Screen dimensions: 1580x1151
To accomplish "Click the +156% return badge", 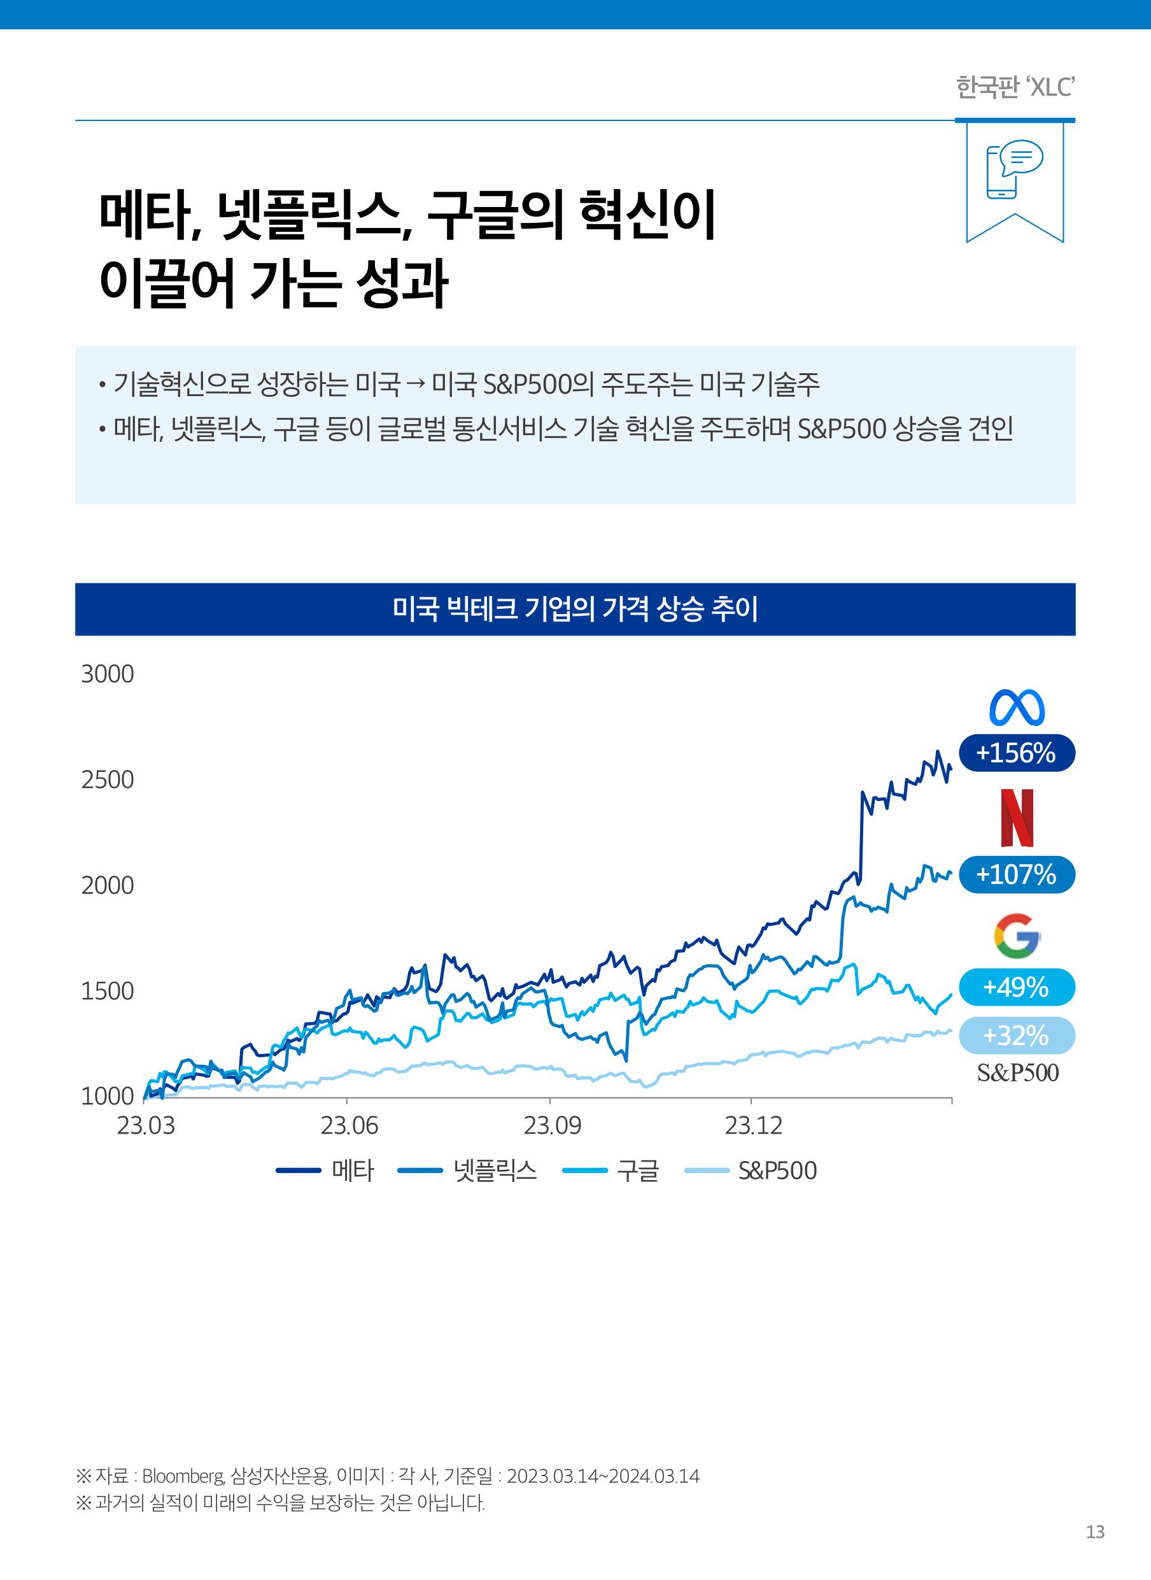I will pos(1016,753).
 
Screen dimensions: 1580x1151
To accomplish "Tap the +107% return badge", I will pos(1016,874).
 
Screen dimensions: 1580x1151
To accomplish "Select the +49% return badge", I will pos(1016,987).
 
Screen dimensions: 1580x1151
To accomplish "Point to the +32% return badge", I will pos(1016,1035).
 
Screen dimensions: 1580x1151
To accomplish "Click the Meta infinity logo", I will pos(1017,708).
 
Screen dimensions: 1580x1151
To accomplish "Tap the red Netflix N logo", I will pos(1017,818).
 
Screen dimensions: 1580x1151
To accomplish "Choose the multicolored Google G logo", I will pos(1017,935).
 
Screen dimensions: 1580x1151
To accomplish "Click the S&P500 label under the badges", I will pos(1017,1072).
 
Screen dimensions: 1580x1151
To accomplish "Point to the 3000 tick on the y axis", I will pos(108,674).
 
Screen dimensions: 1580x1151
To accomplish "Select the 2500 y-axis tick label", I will pos(108,780).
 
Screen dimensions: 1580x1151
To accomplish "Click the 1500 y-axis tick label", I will pos(108,991).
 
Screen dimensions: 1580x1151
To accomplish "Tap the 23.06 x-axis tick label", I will pos(349,1125).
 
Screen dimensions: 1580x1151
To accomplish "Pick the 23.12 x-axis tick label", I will pos(753,1125).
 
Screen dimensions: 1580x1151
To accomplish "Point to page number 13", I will pos(1094,1532).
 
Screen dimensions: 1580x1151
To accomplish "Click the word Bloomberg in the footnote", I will pos(183,1476).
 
